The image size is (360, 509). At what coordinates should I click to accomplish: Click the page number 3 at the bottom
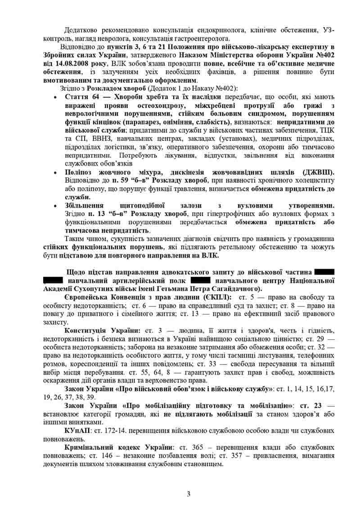pyautogui.click(x=189, y=494)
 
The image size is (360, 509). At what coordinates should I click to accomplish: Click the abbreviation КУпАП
pyautogui.click(x=77, y=430)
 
